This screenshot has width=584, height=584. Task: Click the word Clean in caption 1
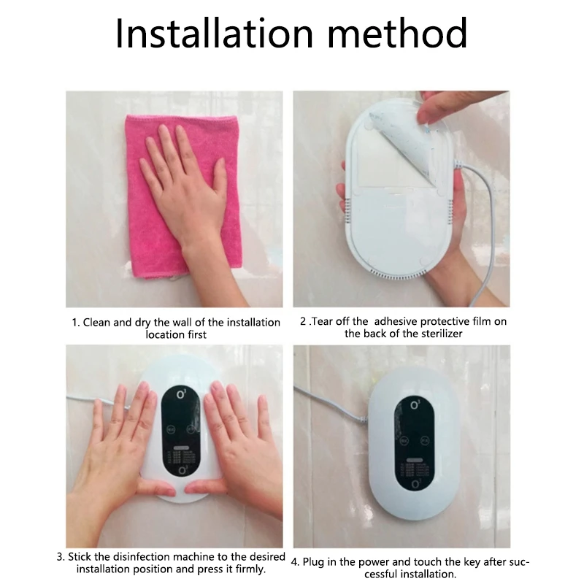(97, 322)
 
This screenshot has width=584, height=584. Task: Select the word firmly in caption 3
(248, 569)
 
